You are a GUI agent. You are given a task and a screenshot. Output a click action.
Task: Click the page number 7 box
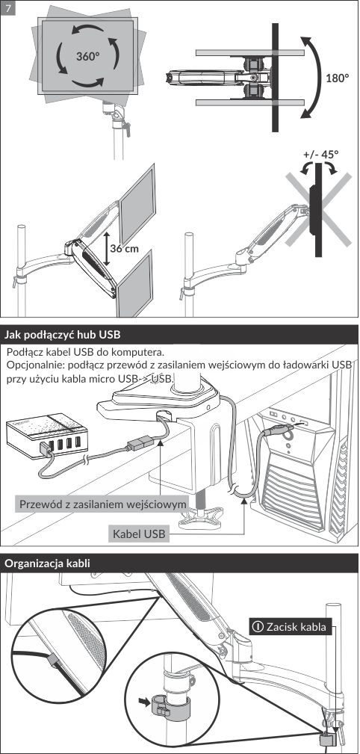pos(7,7)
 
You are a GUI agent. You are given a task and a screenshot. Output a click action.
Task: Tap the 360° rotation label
pos(88,56)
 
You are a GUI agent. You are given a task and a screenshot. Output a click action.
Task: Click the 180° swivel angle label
pos(338,78)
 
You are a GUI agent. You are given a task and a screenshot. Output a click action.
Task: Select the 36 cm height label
pos(124,248)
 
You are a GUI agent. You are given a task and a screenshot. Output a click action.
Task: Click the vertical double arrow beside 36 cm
pos(106,248)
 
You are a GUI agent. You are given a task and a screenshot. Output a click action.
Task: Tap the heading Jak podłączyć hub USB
pos(63,334)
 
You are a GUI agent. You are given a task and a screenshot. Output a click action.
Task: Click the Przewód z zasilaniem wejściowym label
pos(102,504)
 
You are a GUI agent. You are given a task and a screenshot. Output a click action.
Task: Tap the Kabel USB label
pos(139,534)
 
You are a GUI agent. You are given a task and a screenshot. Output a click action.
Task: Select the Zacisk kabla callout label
pos(291,626)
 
